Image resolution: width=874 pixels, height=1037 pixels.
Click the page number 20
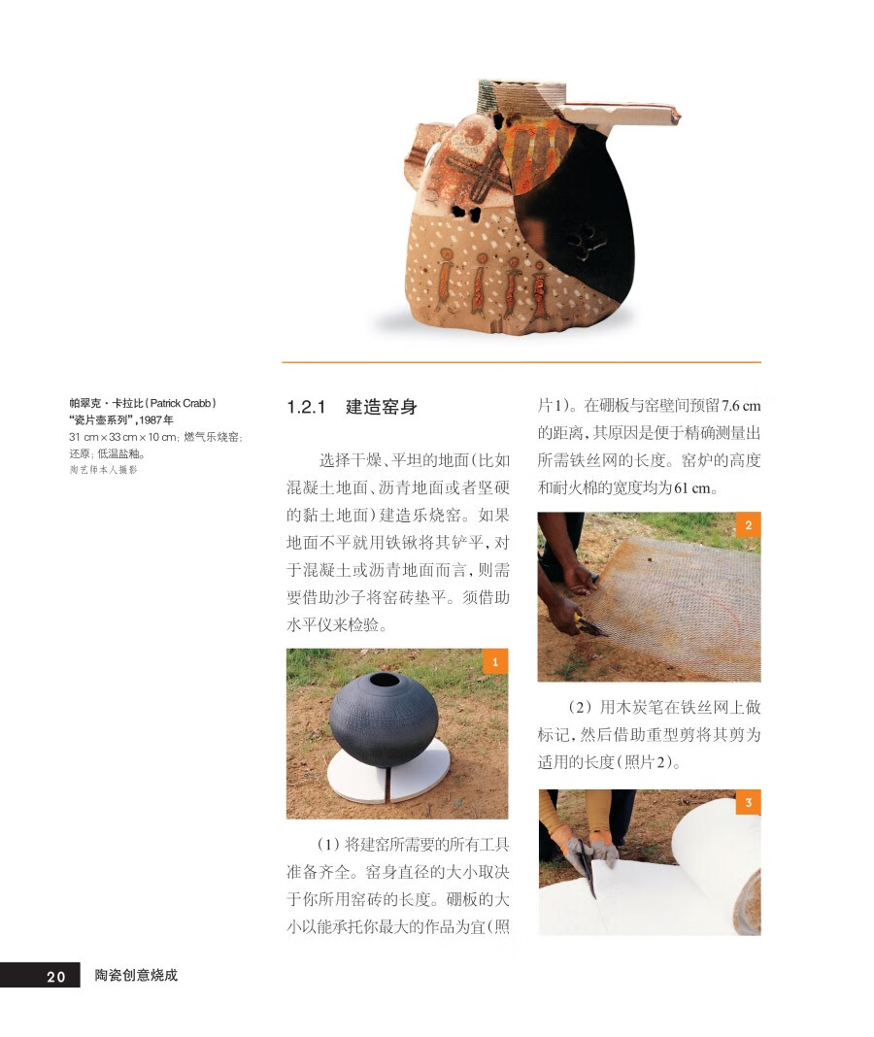tap(55, 976)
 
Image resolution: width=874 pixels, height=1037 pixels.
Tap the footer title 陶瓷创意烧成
tap(136, 975)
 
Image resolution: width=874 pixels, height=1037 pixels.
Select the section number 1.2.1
tap(306, 407)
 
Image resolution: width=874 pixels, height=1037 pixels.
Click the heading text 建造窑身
tap(381, 407)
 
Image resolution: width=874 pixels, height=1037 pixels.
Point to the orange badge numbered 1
tap(495, 661)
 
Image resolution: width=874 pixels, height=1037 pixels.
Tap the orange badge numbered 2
tap(749, 525)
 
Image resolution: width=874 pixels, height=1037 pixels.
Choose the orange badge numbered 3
tap(749, 802)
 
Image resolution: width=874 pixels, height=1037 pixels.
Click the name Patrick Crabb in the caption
tap(180, 403)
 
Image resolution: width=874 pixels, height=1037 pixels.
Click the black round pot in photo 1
tap(383, 719)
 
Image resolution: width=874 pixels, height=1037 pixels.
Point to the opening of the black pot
tap(384, 681)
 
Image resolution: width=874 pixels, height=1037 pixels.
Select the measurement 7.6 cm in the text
tap(740, 406)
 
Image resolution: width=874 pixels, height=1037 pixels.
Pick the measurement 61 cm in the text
tap(692, 488)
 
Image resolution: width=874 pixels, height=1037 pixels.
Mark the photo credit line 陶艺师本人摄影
tap(103, 470)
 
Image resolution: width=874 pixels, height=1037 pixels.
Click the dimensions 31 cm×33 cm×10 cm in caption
tap(123, 437)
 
